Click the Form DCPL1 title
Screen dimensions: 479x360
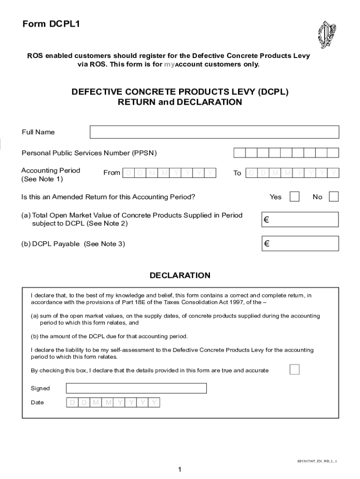(51, 25)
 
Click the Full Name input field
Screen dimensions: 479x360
(214, 132)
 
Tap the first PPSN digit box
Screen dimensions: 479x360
(239, 153)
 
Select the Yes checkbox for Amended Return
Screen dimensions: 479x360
(295, 196)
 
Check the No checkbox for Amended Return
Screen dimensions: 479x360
(333, 196)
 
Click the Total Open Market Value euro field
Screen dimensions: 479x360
(299, 219)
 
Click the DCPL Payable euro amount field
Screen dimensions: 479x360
(299, 244)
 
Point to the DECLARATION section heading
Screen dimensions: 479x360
(180, 276)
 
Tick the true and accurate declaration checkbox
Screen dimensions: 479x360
(294, 370)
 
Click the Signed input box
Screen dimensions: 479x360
(136, 388)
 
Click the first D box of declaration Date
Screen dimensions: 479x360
(72, 402)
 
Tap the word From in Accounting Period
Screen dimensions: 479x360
(112, 173)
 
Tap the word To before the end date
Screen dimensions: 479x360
(237, 173)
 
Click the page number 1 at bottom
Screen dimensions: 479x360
(180, 470)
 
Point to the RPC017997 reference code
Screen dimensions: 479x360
(317, 461)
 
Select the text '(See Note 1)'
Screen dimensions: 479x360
(42, 179)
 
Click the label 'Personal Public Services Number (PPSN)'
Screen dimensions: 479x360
(89, 153)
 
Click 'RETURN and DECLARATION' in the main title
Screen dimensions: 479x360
(180, 102)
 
